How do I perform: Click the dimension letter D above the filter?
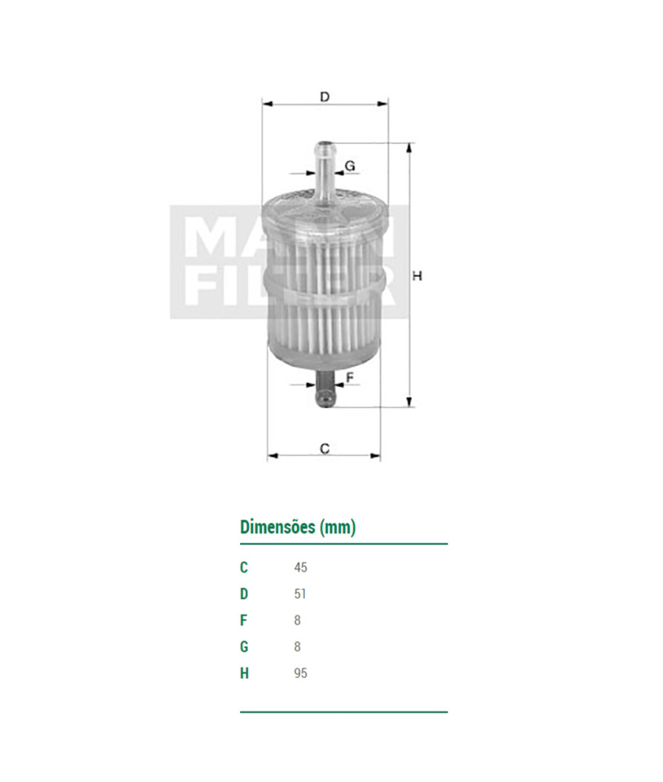click(324, 97)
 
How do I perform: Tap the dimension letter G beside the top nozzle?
click(350, 166)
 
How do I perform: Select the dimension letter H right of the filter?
click(418, 275)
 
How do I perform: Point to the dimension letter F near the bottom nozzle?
click(349, 378)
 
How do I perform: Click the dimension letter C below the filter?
click(324, 449)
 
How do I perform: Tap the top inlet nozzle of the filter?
click(325, 170)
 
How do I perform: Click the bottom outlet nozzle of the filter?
click(324, 389)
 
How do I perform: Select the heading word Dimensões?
click(278, 526)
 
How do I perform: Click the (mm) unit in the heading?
click(338, 527)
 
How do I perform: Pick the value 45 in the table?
click(300, 568)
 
